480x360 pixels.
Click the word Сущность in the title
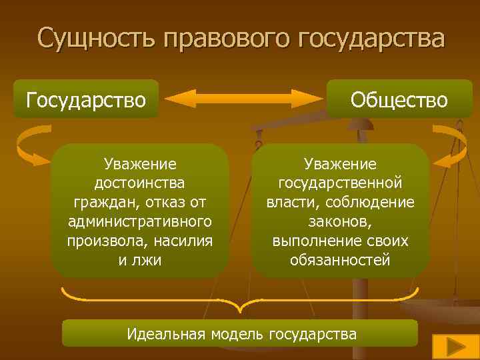[90, 38]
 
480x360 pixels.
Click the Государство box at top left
[86, 99]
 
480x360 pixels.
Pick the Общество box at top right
[399, 100]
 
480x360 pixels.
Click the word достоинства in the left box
[140, 182]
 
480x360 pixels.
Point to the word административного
[140, 221]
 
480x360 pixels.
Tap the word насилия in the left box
[186, 240]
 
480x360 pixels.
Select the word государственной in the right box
[340, 182]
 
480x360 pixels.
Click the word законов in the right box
[339, 221]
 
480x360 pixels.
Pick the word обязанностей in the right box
[340, 259]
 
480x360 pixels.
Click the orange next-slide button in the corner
[451, 347]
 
